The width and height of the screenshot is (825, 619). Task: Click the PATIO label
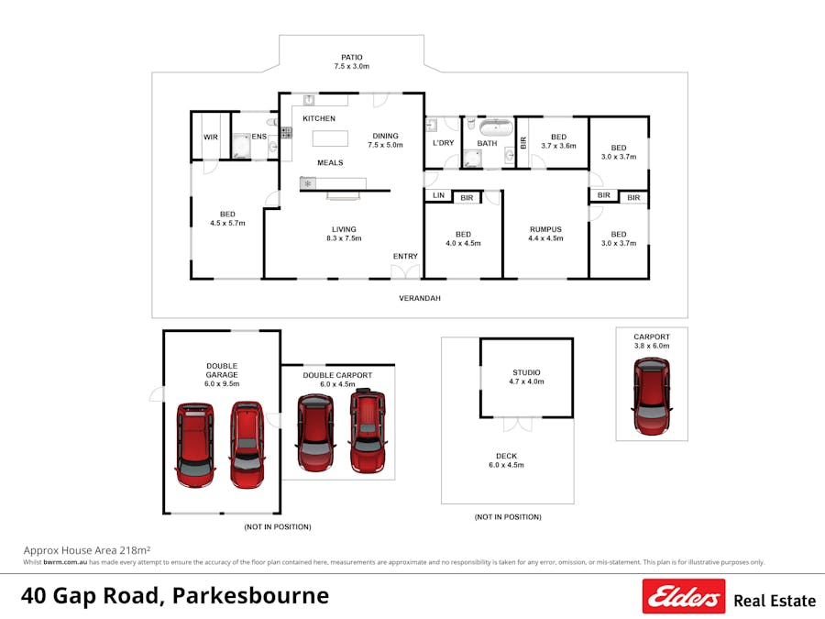(351, 57)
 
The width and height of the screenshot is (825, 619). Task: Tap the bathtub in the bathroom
(497, 127)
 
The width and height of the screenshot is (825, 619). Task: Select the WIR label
(211, 138)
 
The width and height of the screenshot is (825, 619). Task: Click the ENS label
(259, 138)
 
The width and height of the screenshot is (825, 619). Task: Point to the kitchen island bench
(331, 138)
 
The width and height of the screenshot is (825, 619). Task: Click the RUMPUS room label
(544, 229)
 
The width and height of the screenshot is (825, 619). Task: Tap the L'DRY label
(444, 143)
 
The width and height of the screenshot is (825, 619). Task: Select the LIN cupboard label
(438, 196)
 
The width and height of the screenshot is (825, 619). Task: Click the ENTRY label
(405, 256)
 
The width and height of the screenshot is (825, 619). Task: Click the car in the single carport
(652, 395)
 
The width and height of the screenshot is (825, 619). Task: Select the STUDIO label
(526, 372)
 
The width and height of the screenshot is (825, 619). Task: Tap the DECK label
(506, 455)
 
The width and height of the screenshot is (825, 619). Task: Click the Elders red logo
(683, 597)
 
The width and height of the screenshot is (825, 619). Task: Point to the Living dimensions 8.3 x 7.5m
(345, 238)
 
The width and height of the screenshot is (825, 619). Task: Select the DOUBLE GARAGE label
(222, 370)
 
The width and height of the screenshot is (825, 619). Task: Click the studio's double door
(517, 424)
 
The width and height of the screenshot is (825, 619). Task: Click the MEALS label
(330, 162)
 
